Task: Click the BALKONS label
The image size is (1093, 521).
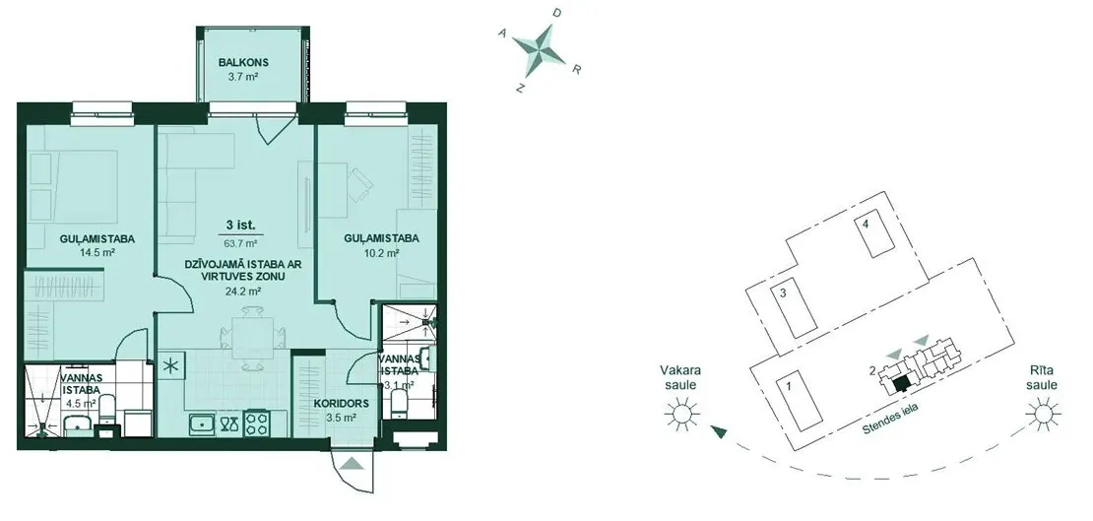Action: (242, 63)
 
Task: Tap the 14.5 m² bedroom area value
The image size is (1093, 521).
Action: (97, 253)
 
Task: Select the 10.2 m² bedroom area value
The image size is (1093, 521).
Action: (381, 253)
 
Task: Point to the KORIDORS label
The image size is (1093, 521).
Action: (342, 404)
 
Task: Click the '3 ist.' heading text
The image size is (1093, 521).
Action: (240, 226)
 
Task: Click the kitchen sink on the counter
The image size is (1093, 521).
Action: (202, 423)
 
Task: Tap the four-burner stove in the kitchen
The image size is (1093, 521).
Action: (257, 424)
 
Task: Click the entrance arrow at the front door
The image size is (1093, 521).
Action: (354, 463)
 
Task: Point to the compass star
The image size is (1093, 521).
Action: (540, 50)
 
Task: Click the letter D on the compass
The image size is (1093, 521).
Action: (555, 13)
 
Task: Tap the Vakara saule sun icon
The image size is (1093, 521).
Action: (681, 415)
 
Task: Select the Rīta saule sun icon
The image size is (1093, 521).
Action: (1043, 415)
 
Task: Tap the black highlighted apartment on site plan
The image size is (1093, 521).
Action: (902, 383)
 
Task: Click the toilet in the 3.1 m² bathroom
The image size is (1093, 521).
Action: (398, 402)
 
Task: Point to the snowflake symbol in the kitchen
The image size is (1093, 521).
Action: (170, 365)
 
